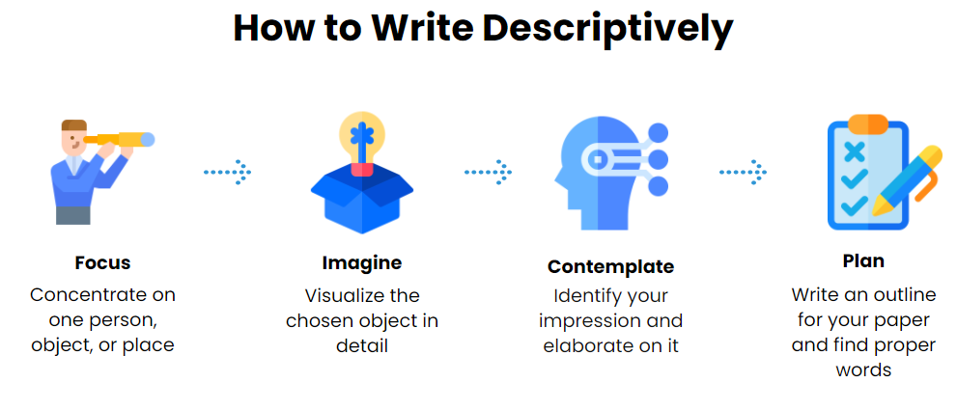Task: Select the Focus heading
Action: pos(102,262)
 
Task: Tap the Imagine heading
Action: pos(361,262)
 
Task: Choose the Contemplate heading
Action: pos(610,266)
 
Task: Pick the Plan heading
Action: pos(863,261)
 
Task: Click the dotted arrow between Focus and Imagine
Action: pos(227,173)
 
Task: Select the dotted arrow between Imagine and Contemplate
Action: pos(488,173)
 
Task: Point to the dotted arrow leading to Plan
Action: pos(743,173)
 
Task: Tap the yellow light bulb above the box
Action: pos(362,135)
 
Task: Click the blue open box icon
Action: pos(362,198)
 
